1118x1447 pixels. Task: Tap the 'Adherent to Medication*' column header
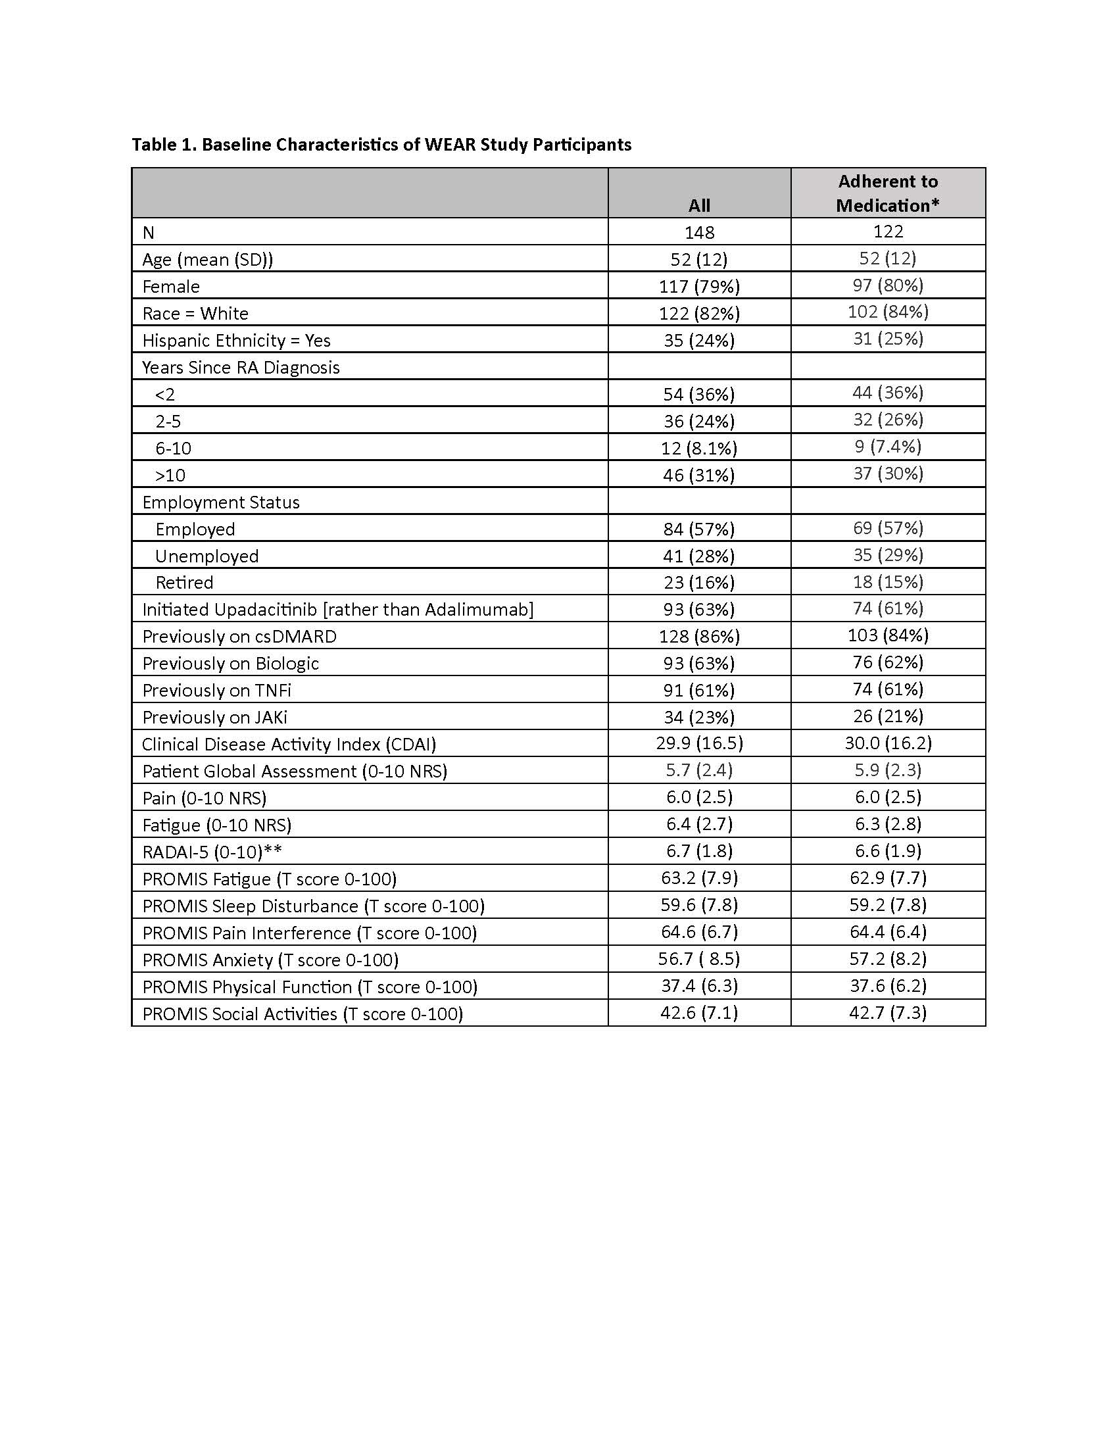888,193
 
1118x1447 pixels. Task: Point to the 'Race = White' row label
195,313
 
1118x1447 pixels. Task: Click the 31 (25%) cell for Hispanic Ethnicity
888,339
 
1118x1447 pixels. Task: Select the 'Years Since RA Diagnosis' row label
241,368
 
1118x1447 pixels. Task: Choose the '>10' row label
170,476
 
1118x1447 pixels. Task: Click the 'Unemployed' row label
207,556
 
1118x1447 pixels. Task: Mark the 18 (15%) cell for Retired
888,581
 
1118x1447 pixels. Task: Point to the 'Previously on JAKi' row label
214,718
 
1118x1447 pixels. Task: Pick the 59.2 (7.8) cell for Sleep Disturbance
888,904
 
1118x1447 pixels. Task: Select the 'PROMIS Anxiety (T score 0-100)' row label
270,960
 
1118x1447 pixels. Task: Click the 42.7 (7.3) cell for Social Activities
888,1012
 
